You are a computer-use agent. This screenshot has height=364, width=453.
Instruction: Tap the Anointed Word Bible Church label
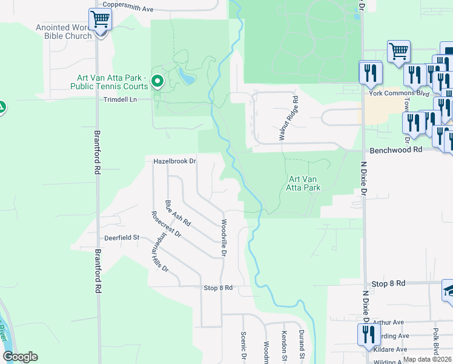[64, 32]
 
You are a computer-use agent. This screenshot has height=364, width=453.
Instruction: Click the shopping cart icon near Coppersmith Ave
[100, 20]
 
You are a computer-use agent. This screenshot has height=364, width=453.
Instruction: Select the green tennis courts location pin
[158, 80]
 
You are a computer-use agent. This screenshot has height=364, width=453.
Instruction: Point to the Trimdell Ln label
[121, 99]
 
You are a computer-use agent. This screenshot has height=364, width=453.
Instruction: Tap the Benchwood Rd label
[392, 149]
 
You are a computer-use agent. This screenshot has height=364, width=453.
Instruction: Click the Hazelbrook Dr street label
[175, 161]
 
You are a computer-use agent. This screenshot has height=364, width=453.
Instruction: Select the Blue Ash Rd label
[177, 214]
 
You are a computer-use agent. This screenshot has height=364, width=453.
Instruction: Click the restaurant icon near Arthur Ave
[369, 335]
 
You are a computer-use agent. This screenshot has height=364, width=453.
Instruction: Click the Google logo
[20, 357]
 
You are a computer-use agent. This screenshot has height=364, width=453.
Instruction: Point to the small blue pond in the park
[187, 76]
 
